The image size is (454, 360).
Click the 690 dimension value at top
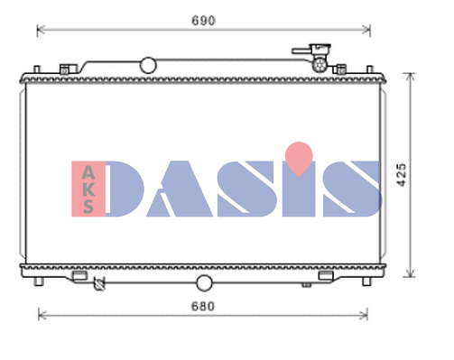pyautogui.click(x=203, y=21)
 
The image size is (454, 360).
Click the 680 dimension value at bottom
pyautogui.click(x=203, y=306)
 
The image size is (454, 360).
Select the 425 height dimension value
pyautogui.click(x=402, y=175)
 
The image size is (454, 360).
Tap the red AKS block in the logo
pyautogui.click(x=88, y=189)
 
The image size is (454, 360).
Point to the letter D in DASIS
pyautogui.click(x=125, y=189)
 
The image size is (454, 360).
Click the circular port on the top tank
pyautogui.click(x=148, y=65)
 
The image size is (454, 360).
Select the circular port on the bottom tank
pyautogui.click(x=204, y=283)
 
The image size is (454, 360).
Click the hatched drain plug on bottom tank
pyautogui.click(x=98, y=283)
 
